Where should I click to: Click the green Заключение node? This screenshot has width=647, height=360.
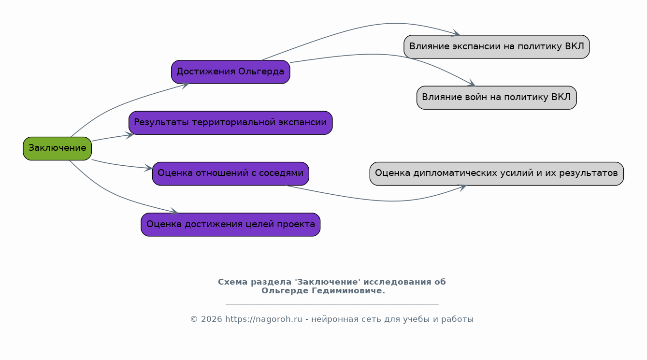click(x=57, y=148)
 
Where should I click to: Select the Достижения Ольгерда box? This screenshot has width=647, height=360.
click(x=230, y=72)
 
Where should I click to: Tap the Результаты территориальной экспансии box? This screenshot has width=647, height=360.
click(x=230, y=123)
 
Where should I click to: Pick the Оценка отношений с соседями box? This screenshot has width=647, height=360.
click(x=230, y=173)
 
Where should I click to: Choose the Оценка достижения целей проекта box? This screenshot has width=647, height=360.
click(x=230, y=225)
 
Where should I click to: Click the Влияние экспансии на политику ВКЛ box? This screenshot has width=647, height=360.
click(x=497, y=47)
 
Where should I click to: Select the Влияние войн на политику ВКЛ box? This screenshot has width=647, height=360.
click(x=497, y=98)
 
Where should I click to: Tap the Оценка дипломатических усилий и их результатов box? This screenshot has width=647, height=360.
click(x=497, y=173)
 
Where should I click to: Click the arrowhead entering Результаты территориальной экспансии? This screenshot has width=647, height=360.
click(x=129, y=135)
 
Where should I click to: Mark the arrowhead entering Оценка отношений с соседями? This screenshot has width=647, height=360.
click(x=148, y=168)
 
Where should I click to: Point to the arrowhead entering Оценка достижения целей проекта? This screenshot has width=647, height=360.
click(x=174, y=211)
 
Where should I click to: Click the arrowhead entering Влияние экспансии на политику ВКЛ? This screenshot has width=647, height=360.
click(x=456, y=33)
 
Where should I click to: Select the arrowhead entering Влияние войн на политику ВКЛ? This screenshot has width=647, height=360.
click(x=472, y=83)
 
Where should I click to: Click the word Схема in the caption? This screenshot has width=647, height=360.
click(x=232, y=282)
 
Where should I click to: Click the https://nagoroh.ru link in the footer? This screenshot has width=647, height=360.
click(x=264, y=319)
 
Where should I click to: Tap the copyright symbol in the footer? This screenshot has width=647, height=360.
click(x=194, y=319)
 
